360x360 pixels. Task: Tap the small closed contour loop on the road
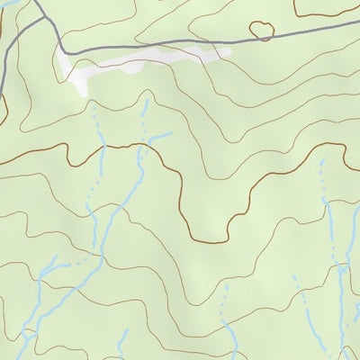point(262,31)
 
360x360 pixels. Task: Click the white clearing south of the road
point(135,63)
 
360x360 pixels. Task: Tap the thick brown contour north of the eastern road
point(328,14)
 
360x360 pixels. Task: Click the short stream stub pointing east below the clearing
point(160,137)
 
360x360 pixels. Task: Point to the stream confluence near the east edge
point(342,266)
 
